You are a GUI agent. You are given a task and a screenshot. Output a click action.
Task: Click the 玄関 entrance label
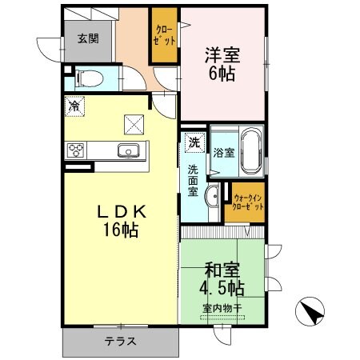pos(87,38)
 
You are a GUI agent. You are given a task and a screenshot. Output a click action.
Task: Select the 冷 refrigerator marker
pos(74,105)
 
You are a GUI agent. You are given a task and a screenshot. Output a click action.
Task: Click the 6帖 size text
pos(222,77)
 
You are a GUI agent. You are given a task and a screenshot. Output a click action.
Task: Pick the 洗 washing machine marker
pos(194,143)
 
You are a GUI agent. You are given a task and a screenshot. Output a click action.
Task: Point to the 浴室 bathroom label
pos(224,152)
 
